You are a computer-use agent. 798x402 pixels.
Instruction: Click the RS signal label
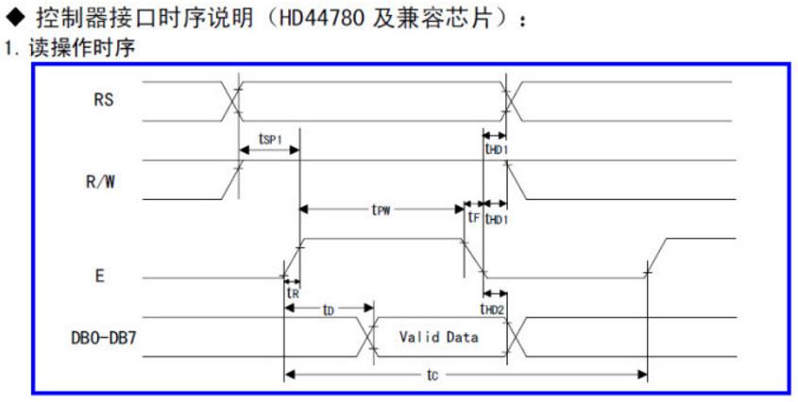click(103, 100)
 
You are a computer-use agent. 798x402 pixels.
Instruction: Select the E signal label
click(100, 276)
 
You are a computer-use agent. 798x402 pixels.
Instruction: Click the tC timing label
click(431, 376)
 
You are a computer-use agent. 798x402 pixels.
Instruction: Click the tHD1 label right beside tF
click(496, 218)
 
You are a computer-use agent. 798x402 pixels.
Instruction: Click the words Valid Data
click(437, 337)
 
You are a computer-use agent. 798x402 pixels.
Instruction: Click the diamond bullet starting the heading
click(16, 18)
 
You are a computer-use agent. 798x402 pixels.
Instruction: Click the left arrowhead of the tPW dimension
click(305, 209)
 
